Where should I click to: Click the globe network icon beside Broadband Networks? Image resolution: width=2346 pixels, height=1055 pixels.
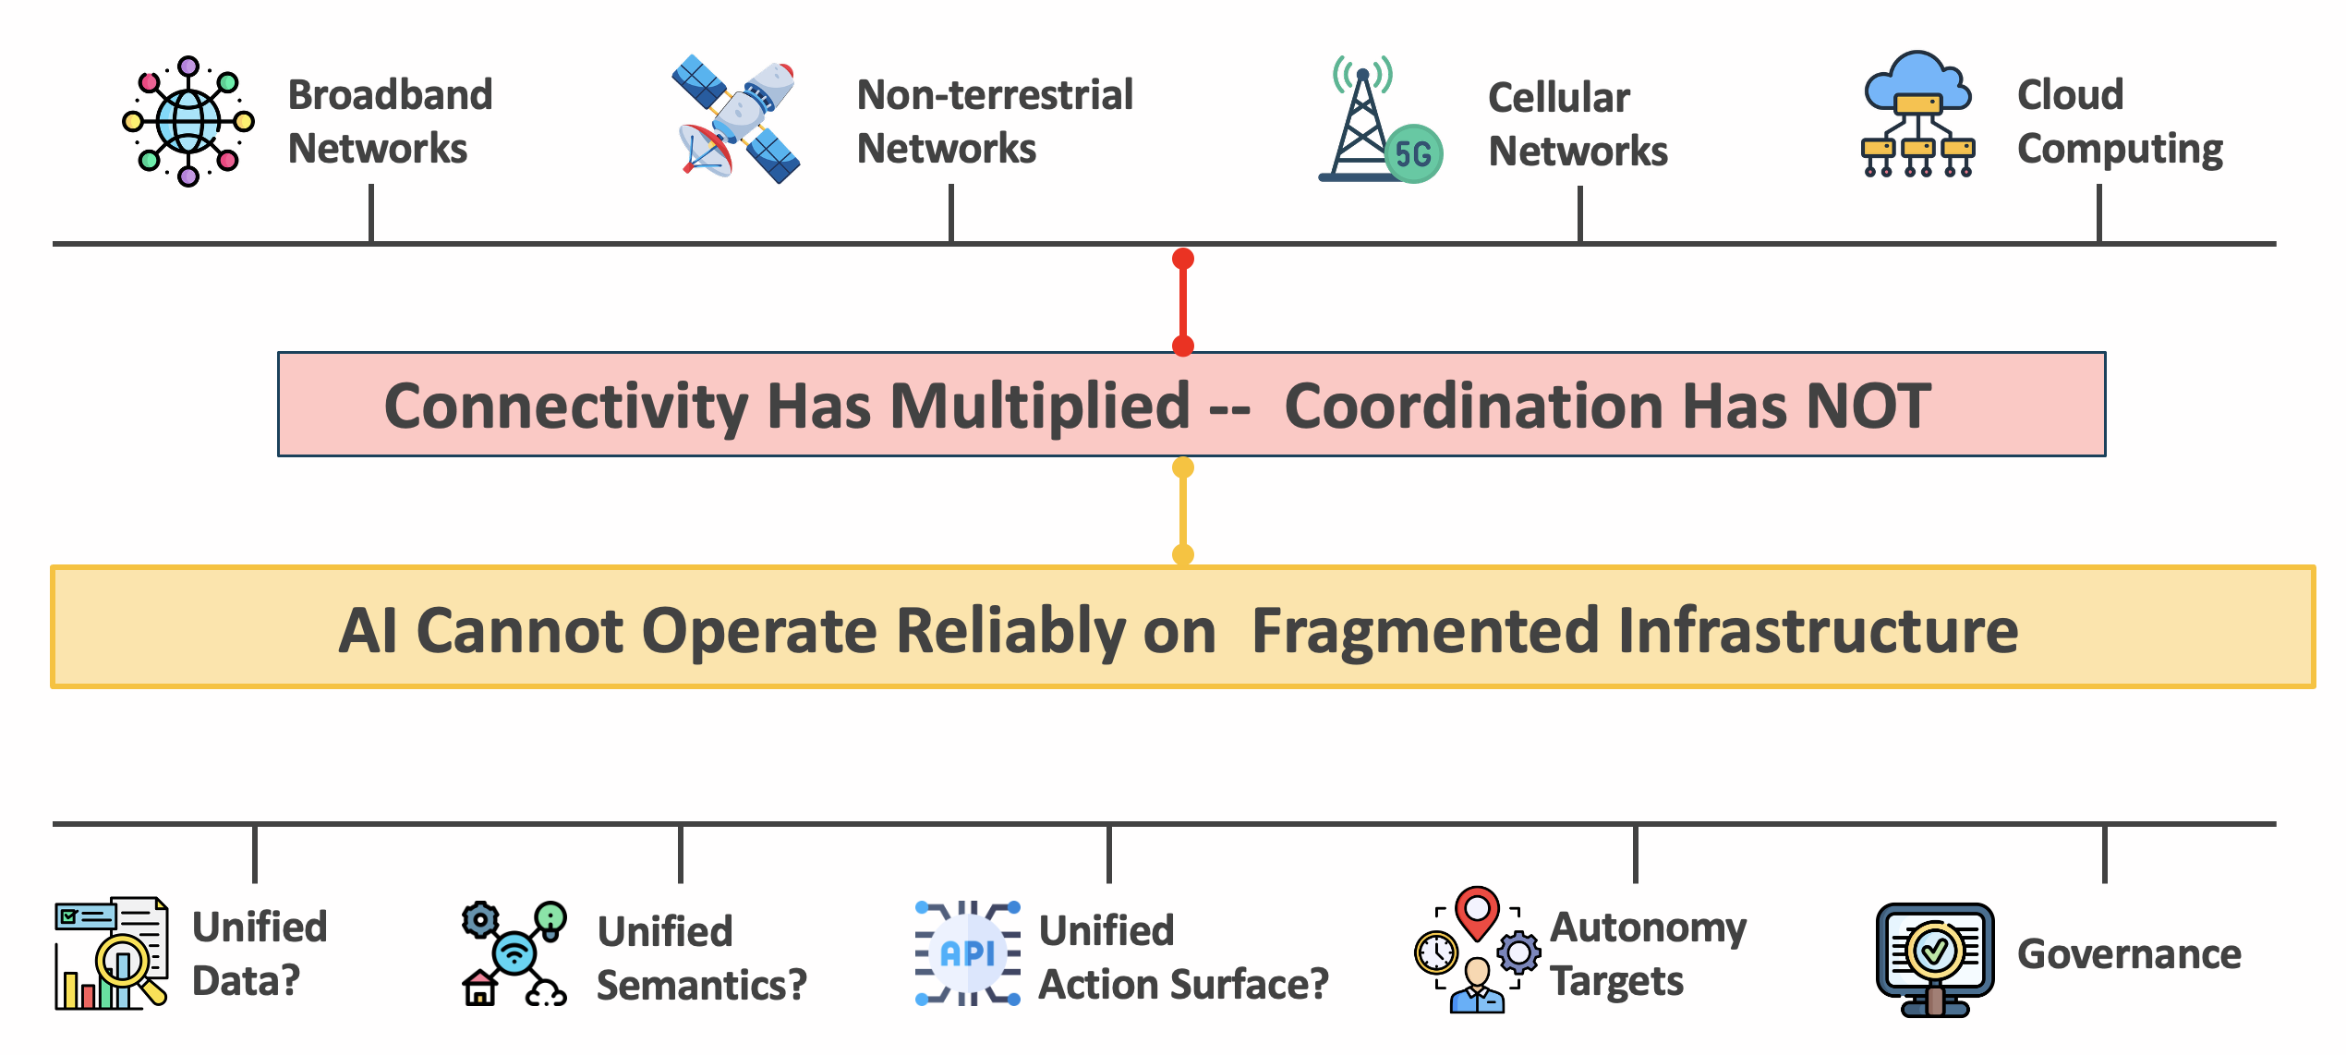[x=188, y=121]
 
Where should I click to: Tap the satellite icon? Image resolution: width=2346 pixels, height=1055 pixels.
[x=737, y=121]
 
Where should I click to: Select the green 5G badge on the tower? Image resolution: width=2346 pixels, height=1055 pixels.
[x=1413, y=153]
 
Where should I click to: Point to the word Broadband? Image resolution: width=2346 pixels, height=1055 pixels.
[x=390, y=95]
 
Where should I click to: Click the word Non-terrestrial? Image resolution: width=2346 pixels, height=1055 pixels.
[x=994, y=95]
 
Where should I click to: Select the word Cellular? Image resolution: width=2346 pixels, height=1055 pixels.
[x=1558, y=98]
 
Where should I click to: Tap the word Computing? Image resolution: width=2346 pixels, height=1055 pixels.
[x=2119, y=150]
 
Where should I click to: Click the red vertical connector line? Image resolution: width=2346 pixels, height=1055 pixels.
[x=1183, y=302]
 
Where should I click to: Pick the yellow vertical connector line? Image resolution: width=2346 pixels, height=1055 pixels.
[x=1183, y=511]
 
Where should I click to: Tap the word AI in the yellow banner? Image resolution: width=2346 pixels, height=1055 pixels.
[x=368, y=631]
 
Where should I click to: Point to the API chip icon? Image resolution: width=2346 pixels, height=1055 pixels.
[x=967, y=953]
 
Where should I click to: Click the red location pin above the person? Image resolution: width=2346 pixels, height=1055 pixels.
[x=1477, y=911]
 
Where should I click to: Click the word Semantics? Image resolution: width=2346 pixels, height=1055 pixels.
[x=701, y=986]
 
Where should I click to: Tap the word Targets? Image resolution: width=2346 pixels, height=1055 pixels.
[x=1616, y=982]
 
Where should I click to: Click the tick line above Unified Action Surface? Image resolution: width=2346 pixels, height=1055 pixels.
[x=1108, y=855]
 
